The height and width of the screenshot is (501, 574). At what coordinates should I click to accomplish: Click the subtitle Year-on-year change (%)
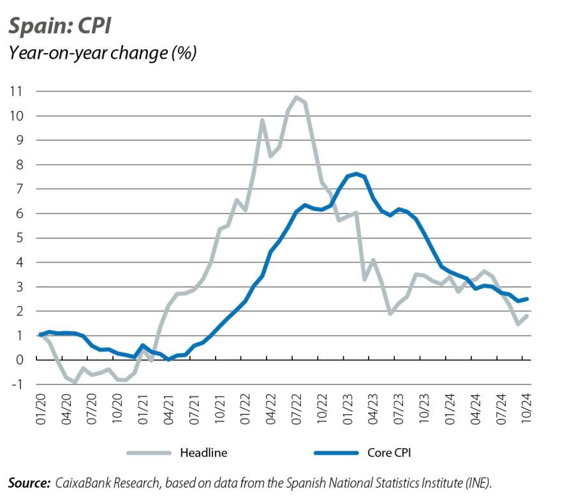click(x=101, y=52)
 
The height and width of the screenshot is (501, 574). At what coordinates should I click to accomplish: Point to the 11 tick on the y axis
click(x=15, y=91)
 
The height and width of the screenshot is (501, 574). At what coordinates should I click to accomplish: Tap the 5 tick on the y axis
click(x=18, y=238)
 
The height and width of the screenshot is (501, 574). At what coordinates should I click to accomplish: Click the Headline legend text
click(x=203, y=453)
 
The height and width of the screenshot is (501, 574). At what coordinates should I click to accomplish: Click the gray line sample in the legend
click(x=149, y=453)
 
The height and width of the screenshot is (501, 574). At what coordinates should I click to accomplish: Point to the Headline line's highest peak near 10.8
click(x=296, y=97)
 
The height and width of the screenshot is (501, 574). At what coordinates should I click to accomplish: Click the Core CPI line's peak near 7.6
click(x=356, y=173)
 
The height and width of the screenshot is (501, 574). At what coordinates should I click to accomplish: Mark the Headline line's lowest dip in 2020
click(x=75, y=382)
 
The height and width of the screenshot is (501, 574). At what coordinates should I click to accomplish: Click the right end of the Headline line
click(x=526, y=316)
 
